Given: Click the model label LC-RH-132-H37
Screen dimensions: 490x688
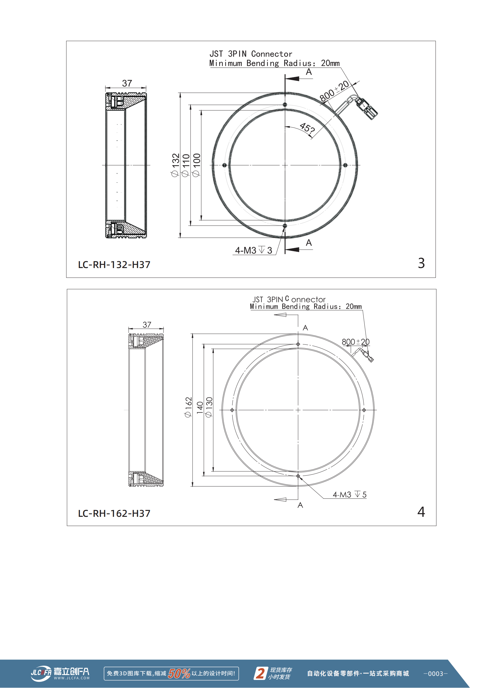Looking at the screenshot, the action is coord(114,265).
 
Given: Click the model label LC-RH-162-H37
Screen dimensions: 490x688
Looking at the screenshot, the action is coord(114,514).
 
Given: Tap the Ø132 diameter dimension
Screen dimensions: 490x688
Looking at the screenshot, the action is coord(175,165).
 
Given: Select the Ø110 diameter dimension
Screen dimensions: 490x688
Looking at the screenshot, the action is coord(185,165).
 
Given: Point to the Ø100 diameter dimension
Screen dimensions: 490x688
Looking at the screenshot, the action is coord(196,165).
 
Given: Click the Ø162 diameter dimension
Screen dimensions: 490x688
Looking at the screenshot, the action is coord(188,407).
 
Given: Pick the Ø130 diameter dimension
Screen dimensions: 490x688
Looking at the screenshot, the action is coord(209,407).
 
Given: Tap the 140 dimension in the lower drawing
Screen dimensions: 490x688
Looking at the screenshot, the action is coord(200,408).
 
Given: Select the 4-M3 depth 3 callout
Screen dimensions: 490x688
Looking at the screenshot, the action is coord(254,250).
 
